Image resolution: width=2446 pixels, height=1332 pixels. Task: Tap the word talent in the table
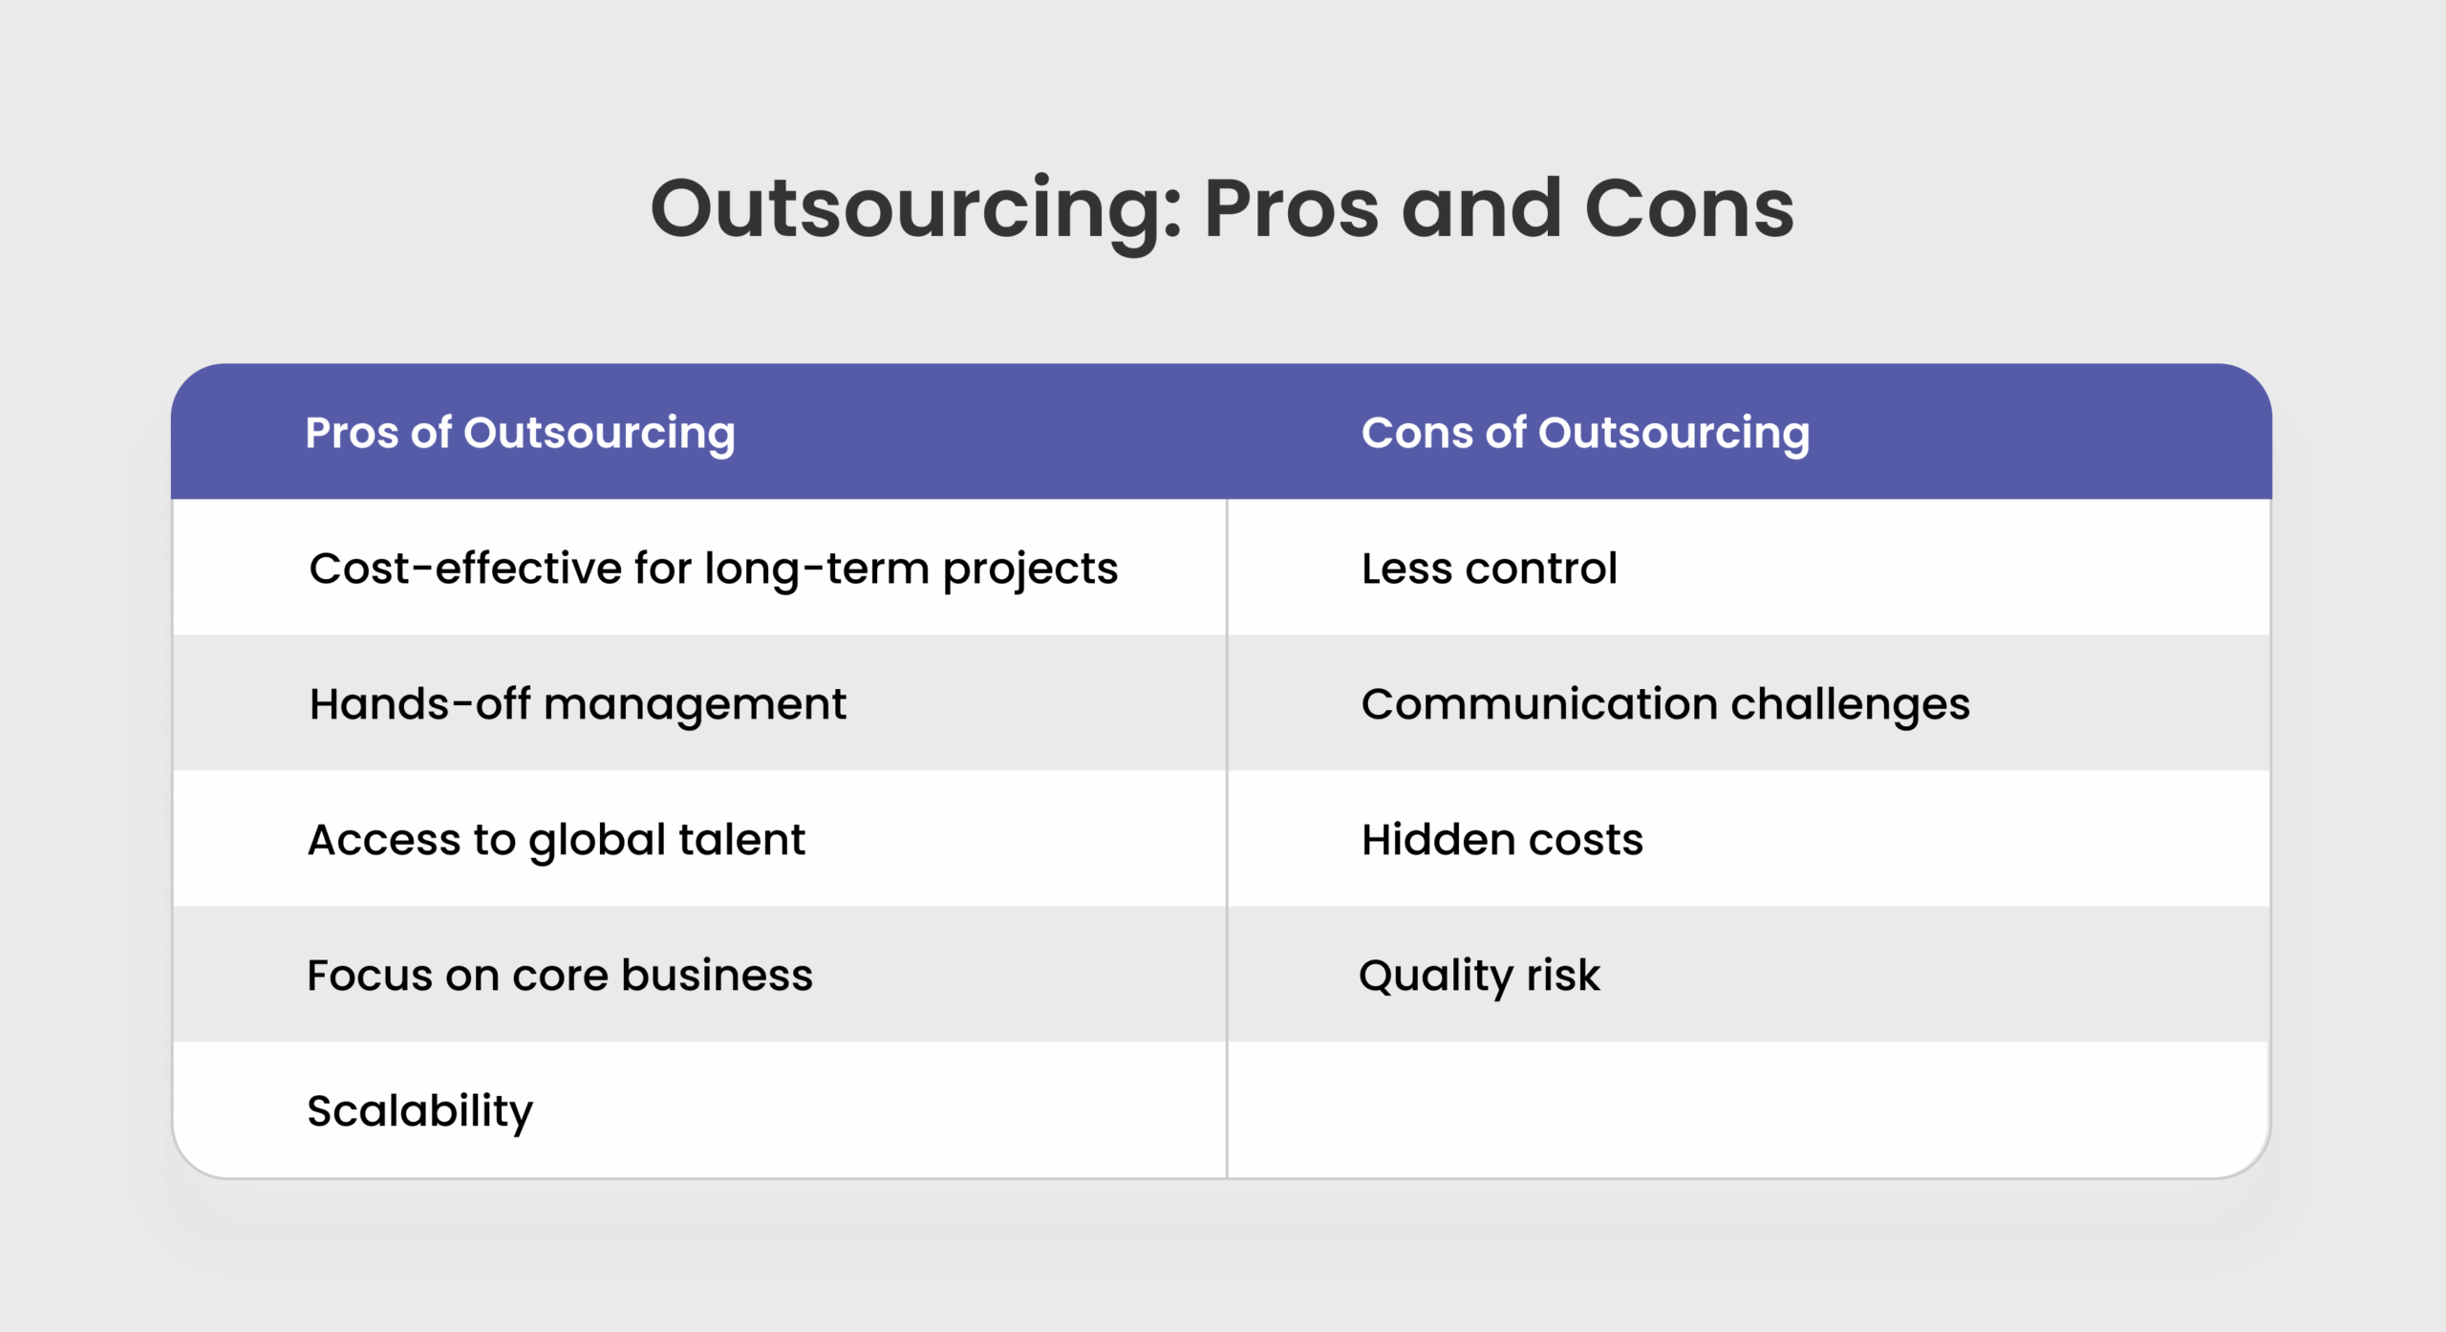[742, 840]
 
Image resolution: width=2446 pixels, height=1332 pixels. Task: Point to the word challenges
[1851, 706]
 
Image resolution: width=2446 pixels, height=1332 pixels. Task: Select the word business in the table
[718, 976]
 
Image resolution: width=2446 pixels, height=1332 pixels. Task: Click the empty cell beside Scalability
[1749, 1109]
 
